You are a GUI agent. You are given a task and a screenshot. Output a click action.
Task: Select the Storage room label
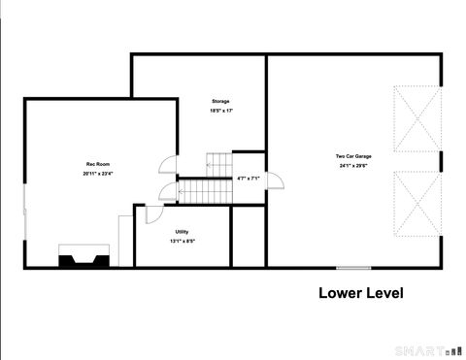[x=221, y=101]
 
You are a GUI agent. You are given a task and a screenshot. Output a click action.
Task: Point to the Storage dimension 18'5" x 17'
[x=221, y=111]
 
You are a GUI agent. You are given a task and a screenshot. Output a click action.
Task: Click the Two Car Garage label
[x=353, y=155]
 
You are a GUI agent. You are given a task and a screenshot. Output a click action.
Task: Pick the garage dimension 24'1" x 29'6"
[x=353, y=165]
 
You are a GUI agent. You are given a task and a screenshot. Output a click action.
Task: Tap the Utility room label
[x=182, y=231]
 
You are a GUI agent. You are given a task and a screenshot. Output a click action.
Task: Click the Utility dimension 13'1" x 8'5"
[x=182, y=241]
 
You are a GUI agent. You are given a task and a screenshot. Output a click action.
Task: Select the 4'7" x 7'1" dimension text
[x=248, y=179]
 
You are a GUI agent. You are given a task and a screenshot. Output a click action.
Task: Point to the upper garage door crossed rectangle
[x=416, y=119]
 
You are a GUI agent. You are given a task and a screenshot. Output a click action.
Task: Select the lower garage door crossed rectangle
[x=416, y=205]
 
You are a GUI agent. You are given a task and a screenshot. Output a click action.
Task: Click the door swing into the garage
[x=275, y=180]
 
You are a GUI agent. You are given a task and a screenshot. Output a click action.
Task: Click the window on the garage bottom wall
[x=352, y=268]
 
